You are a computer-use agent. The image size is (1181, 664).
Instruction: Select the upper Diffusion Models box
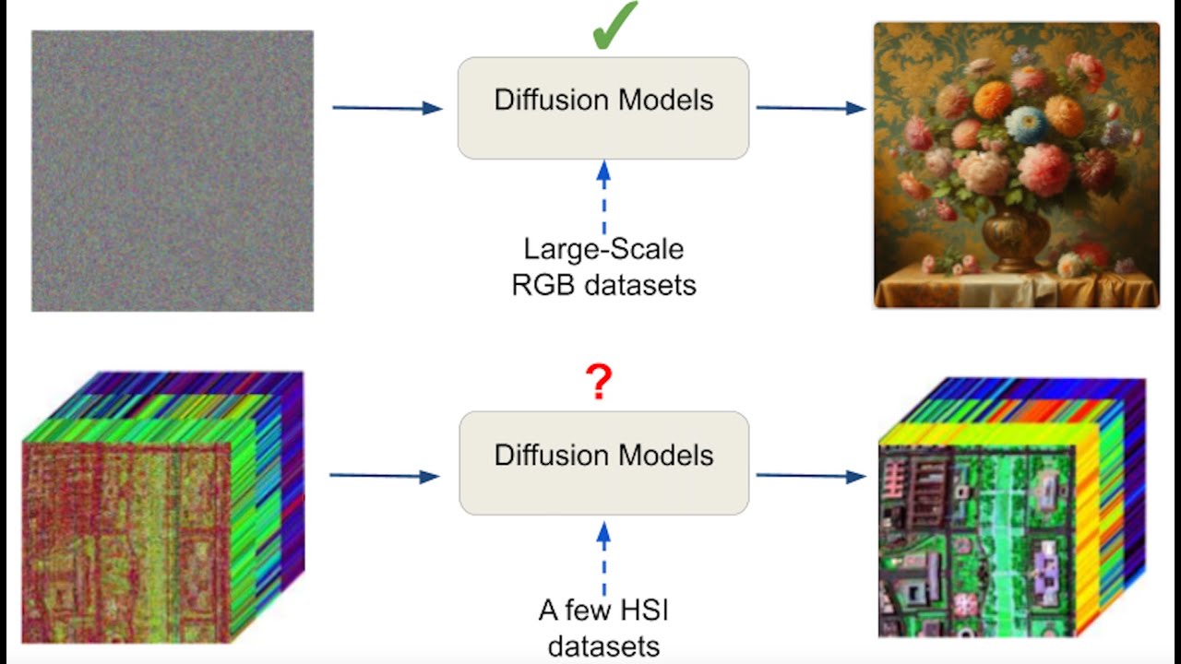tap(603, 108)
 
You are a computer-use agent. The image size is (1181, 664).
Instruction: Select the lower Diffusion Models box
tap(603, 462)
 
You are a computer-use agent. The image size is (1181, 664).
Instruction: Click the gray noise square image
tap(173, 171)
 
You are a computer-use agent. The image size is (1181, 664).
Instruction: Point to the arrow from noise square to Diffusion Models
tap(388, 108)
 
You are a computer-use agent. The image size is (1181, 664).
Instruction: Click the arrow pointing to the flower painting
tap(810, 108)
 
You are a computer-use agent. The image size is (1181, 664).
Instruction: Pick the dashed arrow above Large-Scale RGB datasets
tap(603, 197)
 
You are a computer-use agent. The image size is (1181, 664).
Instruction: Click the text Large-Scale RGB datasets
tap(603, 267)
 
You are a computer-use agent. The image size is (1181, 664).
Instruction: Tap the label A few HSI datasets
tap(603, 628)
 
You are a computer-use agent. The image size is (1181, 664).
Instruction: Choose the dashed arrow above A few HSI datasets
tap(603, 558)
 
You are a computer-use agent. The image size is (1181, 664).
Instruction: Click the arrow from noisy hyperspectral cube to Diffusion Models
tap(384, 476)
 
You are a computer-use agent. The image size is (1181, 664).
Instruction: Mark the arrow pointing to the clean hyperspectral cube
tap(810, 476)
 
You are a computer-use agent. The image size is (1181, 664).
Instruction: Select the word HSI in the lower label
tap(642, 611)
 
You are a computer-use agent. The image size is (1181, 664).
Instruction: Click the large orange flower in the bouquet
tap(993, 100)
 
